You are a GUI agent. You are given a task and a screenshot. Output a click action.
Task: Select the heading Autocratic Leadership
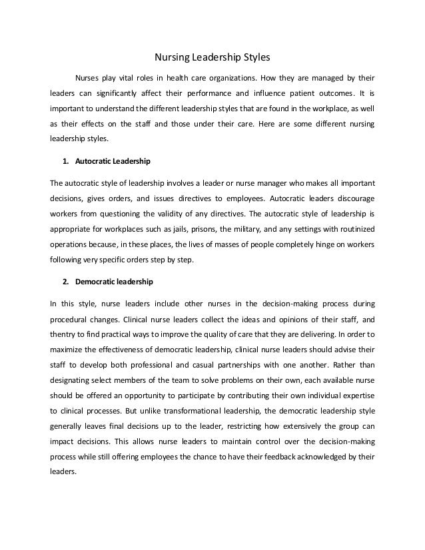tap(113, 162)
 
